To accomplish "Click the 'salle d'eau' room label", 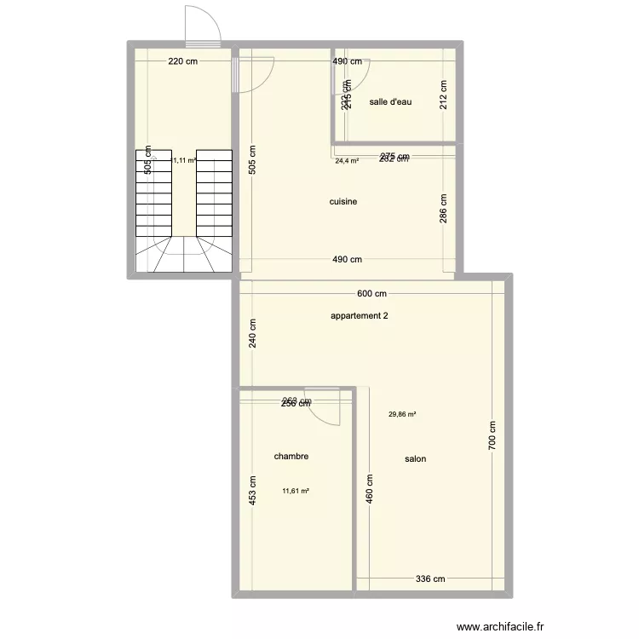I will (x=391, y=102).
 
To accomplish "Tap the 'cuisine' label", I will (x=343, y=202).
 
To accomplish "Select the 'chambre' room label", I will (x=291, y=457).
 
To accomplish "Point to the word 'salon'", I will (x=416, y=459).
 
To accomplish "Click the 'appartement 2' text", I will (x=360, y=316).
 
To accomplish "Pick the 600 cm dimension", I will (x=372, y=294).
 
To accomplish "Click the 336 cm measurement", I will (x=430, y=580).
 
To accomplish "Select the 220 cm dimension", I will (x=182, y=61).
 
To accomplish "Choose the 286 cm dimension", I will (x=444, y=208).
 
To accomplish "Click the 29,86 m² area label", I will (x=402, y=415).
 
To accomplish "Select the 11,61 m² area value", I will (x=295, y=491).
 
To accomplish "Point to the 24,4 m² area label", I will (x=347, y=160).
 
